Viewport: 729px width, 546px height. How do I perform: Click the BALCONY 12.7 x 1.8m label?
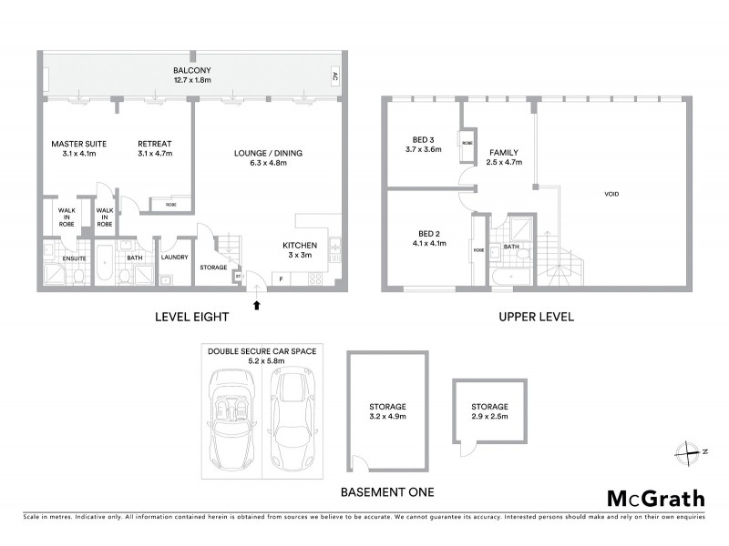coord(189,75)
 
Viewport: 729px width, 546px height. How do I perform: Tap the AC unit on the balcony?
coord(334,76)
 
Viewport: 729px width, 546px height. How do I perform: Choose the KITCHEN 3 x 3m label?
coord(299,250)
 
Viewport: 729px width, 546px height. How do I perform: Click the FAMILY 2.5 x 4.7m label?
coord(504,157)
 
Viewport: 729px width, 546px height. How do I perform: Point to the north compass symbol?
coord(688,449)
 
